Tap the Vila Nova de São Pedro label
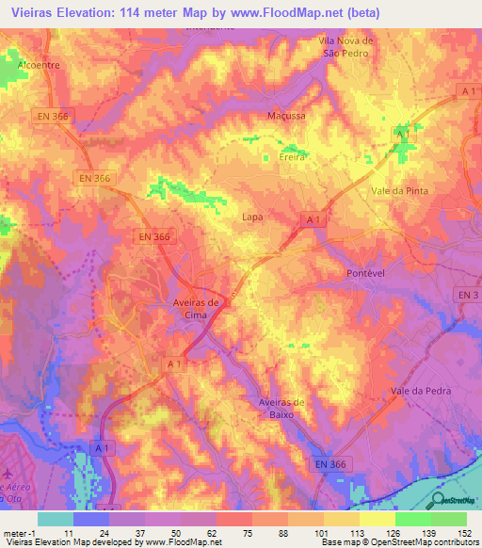click(x=347, y=47)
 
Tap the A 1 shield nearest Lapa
click(x=313, y=219)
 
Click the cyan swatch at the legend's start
click(x=54, y=519)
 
